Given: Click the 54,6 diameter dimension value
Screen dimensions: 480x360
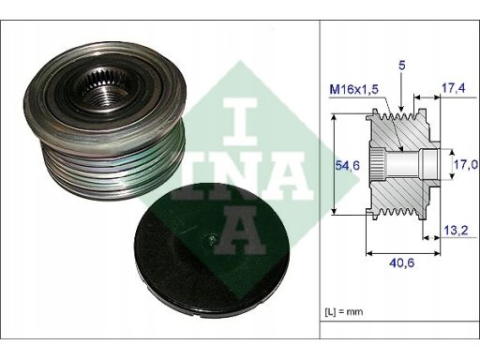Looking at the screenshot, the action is [x=348, y=165].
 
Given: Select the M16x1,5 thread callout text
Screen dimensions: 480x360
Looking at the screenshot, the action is [x=354, y=90].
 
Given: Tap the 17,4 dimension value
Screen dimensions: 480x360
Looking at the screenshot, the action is [x=453, y=88].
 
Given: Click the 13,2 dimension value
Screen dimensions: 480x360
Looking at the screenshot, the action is [x=456, y=231].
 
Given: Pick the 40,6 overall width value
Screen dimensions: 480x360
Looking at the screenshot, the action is [x=401, y=262].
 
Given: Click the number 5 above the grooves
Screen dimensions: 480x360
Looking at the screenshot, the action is [x=402, y=66].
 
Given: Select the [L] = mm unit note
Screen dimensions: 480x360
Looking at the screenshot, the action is [x=344, y=311].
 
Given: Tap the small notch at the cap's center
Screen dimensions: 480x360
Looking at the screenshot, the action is [x=212, y=239].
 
